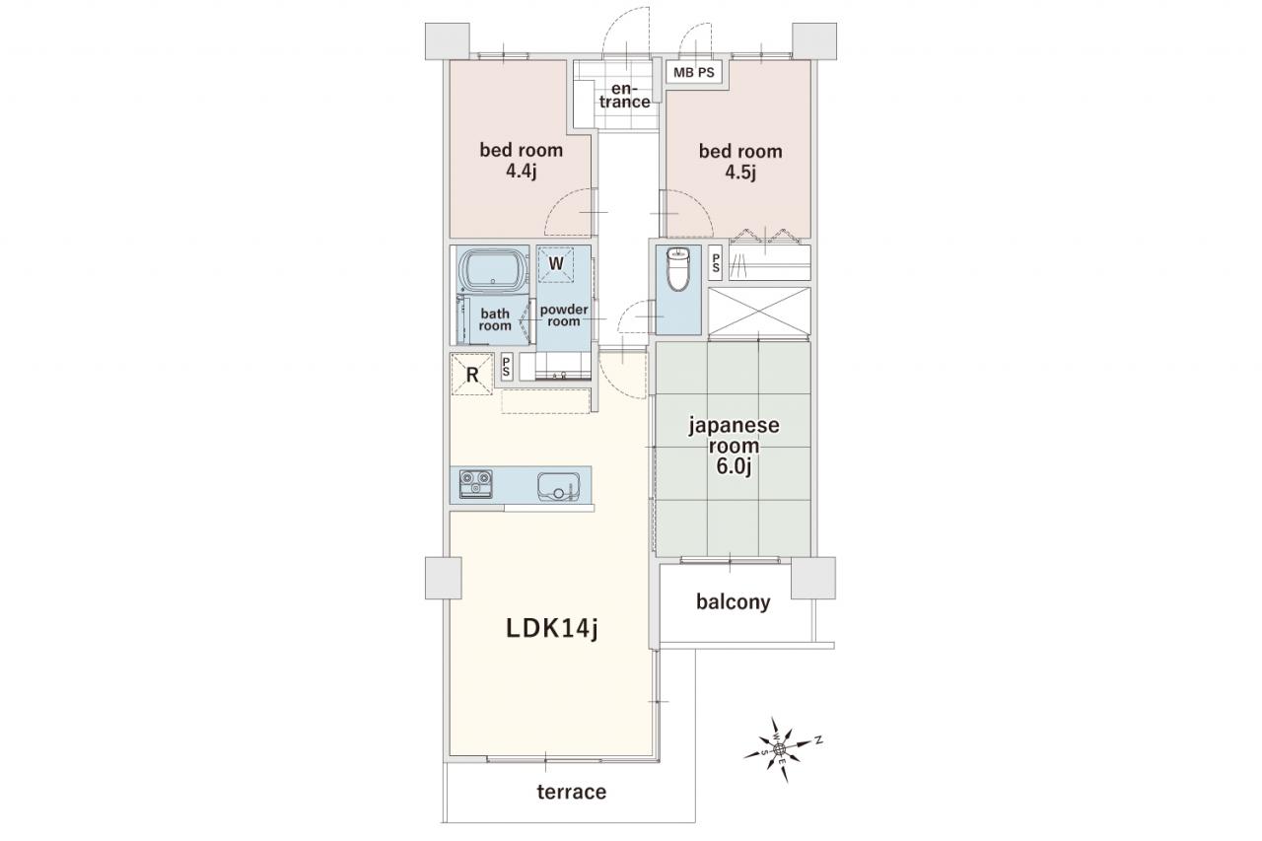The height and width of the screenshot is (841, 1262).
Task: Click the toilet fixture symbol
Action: coord(677,269)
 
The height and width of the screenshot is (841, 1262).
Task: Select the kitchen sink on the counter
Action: coord(558,487)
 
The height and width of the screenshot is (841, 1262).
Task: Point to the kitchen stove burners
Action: coord(476,484)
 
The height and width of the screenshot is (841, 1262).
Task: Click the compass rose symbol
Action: coord(780,749)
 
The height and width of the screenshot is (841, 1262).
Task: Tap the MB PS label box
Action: coord(693,73)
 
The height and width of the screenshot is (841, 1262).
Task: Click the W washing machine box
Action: coord(555,263)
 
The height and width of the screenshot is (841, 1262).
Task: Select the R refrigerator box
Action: coord(471,374)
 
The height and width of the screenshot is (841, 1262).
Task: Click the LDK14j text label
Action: coord(551,629)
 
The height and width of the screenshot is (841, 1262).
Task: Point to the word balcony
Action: coord(733,602)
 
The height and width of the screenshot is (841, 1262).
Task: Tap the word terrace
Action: coord(571,792)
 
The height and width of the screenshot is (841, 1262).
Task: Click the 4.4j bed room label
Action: coord(522,160)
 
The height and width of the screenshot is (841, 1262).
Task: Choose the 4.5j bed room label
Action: coord(740,161)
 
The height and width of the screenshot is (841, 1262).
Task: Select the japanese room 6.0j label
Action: coord(734,446)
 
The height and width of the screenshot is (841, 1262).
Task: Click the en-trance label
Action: coord(625,96)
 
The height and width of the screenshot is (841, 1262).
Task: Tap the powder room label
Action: coord(564,315)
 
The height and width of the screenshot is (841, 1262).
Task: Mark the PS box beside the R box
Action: coord(507,368)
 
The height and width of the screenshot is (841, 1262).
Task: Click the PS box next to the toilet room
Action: coord(716,262)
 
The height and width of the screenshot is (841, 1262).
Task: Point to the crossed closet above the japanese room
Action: coord(759,311)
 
